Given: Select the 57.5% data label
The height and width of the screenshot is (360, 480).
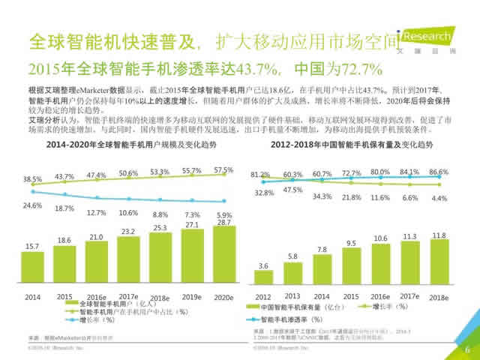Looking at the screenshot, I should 224,170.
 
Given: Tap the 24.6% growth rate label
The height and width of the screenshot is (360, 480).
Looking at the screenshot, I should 31,205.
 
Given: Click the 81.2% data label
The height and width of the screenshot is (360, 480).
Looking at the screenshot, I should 261,175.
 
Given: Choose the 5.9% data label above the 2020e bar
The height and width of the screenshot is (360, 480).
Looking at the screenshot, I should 224,215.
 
